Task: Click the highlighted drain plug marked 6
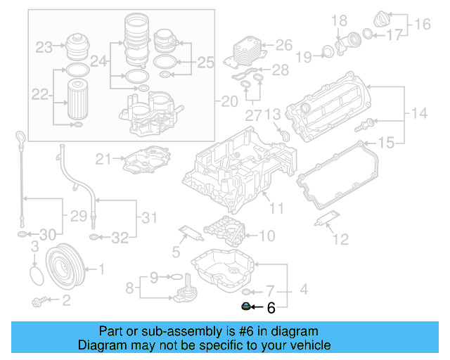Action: click(x=246, y=307)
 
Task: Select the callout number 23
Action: click(x=44, y=48)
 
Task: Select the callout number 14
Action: click(x=419, y=112)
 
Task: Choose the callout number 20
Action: click(x=230, y=101)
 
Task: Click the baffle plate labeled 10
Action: click(x=224, y=229)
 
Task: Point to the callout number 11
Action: click(x=276, y=208)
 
